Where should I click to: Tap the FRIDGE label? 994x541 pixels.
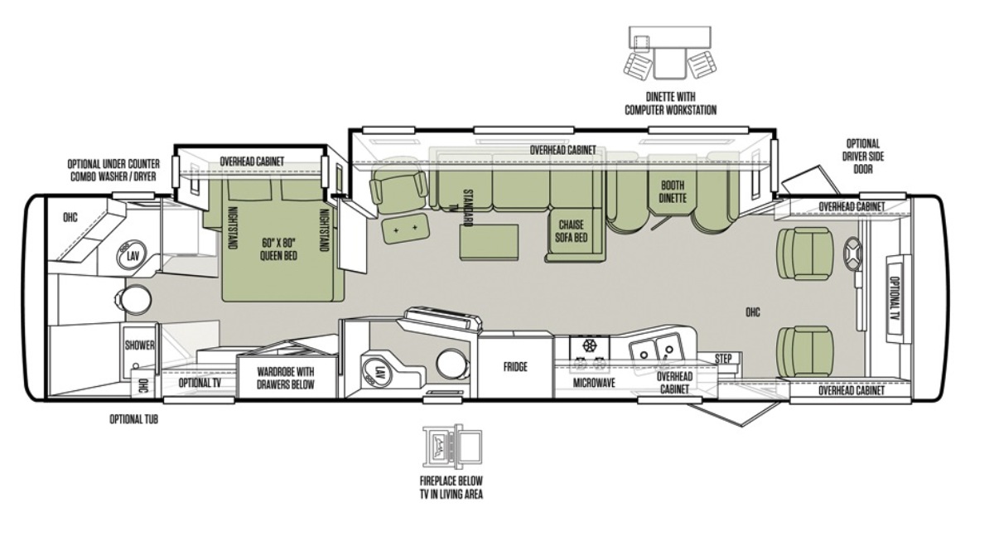click(515, 367)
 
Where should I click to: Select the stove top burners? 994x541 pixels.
click(589, 355)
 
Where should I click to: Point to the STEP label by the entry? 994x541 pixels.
click(723, 359)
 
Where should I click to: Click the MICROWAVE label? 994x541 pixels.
click(594, 383)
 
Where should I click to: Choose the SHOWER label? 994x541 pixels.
click(140, 345)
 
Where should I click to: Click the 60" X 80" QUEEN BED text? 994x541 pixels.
click(278, 249)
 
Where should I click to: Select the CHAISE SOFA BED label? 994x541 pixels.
click(571, 231)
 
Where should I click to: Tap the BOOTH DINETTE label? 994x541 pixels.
click(673, 191)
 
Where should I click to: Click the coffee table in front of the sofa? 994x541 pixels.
click(489, 241)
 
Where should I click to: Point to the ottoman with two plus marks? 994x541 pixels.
click(405, 228)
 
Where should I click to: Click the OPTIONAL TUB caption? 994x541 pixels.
click(133, 419)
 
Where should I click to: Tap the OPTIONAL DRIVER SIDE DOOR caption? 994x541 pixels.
click(862, 157)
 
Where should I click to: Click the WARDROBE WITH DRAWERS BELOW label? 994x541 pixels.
click(286, 378)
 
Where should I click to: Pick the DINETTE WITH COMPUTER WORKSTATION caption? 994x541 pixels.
click(670, 104)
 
